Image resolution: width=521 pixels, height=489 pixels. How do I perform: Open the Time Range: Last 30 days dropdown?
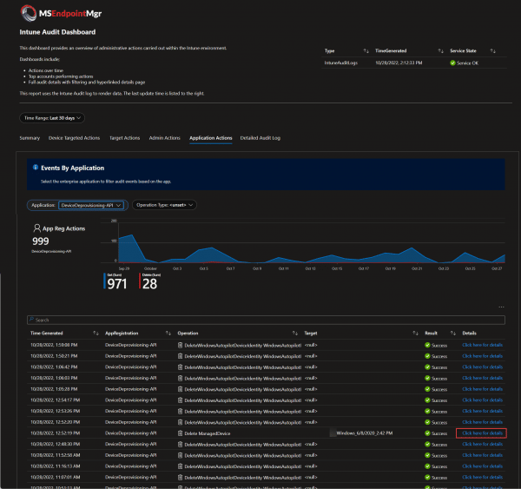52,117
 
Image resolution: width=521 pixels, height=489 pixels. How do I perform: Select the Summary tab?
30,137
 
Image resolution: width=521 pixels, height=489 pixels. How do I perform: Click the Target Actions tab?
124,137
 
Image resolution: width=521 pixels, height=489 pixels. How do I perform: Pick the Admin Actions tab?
164,137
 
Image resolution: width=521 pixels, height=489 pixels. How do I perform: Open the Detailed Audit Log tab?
260,137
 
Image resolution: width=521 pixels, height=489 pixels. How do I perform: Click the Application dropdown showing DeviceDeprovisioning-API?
91,205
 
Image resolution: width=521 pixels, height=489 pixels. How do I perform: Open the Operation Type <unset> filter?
164,205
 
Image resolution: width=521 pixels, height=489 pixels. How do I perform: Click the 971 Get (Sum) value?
116,283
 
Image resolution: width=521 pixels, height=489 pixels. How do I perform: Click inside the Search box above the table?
260,320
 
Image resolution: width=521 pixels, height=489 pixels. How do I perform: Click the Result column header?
432,333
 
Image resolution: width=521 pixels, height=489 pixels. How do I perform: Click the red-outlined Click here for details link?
482,433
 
